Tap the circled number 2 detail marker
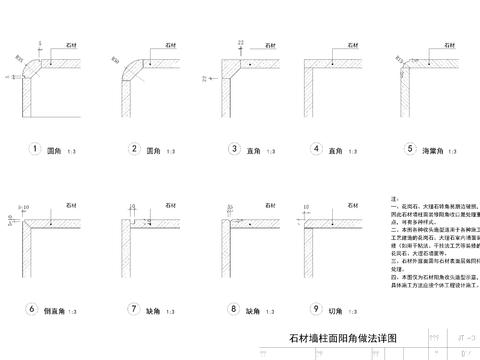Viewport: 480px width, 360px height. (134, 150)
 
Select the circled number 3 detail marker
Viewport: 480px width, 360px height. (233, 150)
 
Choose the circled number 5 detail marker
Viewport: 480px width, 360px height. (410, 150)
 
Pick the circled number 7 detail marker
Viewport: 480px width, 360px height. (133, 309)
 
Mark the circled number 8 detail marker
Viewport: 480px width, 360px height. (233, 309)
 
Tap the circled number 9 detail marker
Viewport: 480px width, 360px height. (317, 309)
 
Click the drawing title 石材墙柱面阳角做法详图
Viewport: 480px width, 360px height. (343, 340)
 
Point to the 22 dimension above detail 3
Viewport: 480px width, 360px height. (242, 43)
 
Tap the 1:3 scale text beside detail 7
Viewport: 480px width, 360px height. (179, 311)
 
